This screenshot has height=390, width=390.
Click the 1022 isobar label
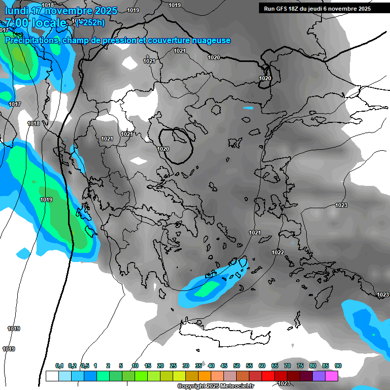click(x=277, y=252)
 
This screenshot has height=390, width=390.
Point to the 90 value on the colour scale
click(x=338, y=366)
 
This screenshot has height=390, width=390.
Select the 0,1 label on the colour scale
click(x=59, y=366)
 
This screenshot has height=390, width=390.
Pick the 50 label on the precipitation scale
click(x=237, y=366)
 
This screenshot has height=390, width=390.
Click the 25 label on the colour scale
click(x=173, y=366)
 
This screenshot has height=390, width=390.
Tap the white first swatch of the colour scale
click(x=52, y=376)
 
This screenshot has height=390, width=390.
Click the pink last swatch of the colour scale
click(x=332, y=376)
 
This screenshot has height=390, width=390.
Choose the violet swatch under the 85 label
click(x=319, y=376)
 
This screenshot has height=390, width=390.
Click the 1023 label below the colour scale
click(x=284, y=383)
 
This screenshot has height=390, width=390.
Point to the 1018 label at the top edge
click(x=48, y=5)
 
